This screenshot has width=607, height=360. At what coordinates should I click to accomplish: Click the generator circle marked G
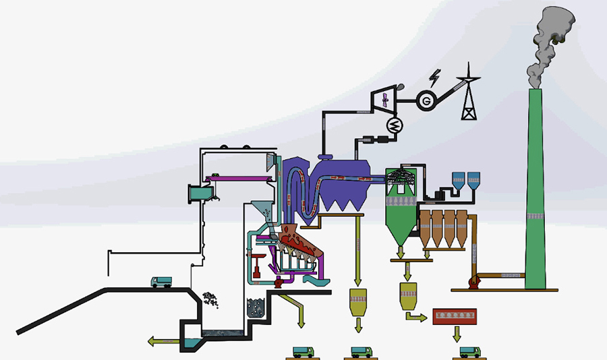[x=426, y=100]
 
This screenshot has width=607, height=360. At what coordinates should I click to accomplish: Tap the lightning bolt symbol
[x=435, y=78]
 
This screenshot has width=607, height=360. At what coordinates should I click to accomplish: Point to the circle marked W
[x=395, y=125]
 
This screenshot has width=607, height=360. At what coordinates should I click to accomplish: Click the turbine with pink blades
[x=384, y=100]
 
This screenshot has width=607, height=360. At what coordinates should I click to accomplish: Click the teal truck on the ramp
[x=161, y=282]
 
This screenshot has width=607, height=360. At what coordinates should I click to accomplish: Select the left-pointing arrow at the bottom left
[x=163, y=341]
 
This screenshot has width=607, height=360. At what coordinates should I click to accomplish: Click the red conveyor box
[x=455, y=316]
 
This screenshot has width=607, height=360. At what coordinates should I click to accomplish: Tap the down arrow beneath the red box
[x=457, y=334]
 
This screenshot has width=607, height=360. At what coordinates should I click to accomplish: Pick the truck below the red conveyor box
[x=470, y=352]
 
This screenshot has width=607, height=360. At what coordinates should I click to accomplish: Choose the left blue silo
[x=459, y=181]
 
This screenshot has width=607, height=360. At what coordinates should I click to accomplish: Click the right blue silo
[x=473, y=181]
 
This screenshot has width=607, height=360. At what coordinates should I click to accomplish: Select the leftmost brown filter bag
[x=425, y=229]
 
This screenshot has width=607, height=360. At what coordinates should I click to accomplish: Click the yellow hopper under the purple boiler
[x=357, y=302]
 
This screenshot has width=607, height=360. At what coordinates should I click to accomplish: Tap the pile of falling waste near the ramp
[x=210, y=299]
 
